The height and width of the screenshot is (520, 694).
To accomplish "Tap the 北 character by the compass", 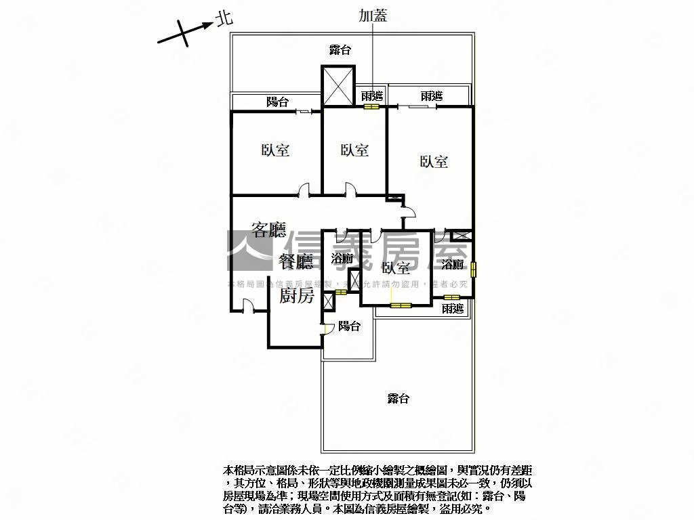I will tap(224, 19).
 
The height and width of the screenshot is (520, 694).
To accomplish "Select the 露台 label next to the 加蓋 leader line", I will tap(340, 49).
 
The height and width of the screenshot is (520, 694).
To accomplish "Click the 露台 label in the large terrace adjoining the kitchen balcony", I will tap(399, 399).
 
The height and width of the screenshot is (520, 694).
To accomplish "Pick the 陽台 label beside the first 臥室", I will tap(277, 102).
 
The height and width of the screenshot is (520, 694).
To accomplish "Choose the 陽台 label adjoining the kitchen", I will tap(349, 326).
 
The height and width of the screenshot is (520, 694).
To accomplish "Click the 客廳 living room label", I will tap(268, 230).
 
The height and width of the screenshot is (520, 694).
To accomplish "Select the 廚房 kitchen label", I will tap(296, 295).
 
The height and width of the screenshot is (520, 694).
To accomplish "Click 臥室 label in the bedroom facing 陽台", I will tap(275, 150).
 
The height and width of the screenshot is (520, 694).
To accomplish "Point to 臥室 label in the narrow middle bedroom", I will tap(354, 150).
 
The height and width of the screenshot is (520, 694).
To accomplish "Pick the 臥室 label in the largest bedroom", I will tap(434, 162).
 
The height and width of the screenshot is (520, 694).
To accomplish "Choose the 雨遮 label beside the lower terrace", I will tap(452, 309).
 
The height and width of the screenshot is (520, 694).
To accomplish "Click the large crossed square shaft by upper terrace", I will tap(338, 86).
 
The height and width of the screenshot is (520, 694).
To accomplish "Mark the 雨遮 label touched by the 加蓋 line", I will tap(371, 96).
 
